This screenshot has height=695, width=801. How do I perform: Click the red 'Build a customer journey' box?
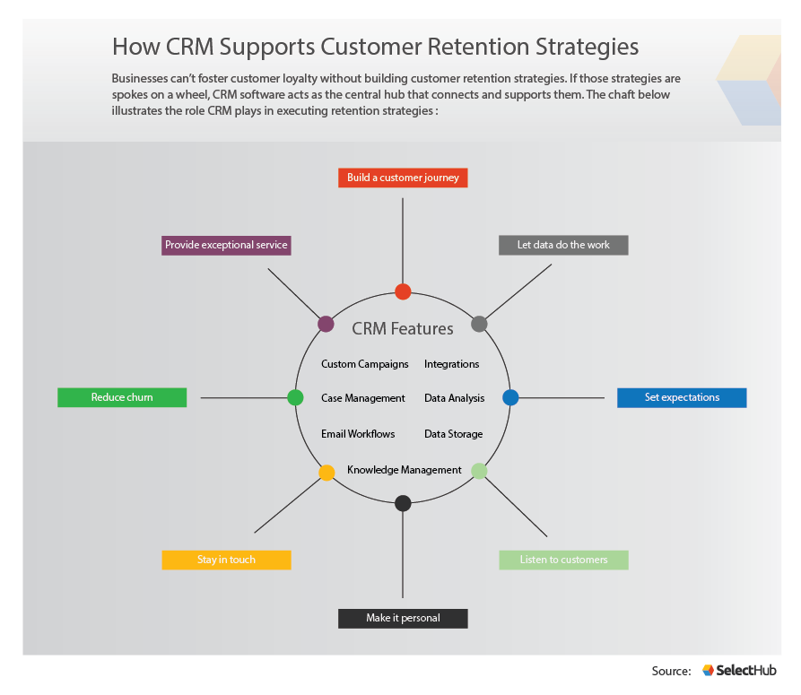coord(403,178)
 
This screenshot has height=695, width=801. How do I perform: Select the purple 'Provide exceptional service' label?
coord(226,245)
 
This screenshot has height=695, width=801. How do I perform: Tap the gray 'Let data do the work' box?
coord(563,245)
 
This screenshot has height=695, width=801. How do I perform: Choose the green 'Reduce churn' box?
coord(122,397)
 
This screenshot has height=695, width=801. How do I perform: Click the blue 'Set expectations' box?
coord(682,397)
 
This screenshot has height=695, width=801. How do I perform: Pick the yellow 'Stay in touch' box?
coord(226,560)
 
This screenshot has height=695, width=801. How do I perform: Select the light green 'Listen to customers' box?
coord(563,560)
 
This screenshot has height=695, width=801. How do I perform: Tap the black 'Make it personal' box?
coord(403,618)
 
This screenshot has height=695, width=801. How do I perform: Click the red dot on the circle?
coord(403,291)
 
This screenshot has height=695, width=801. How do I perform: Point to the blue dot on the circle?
coord(510,397)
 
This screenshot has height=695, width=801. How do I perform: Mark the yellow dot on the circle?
coord(326,472)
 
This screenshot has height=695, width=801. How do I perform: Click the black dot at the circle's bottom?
coord(403,503)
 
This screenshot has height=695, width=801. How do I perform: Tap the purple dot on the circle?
coord(326,324)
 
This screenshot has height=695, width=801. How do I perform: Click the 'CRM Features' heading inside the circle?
coord(403,329)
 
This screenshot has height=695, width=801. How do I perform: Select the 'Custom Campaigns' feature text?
coord(365,364)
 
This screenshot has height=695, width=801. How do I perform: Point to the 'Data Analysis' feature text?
coord(454,398)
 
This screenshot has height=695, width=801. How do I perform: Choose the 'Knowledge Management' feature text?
coord(404,470)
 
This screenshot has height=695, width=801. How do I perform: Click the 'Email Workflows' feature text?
coord(358,434)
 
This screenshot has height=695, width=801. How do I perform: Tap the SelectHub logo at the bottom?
coord(739,670)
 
